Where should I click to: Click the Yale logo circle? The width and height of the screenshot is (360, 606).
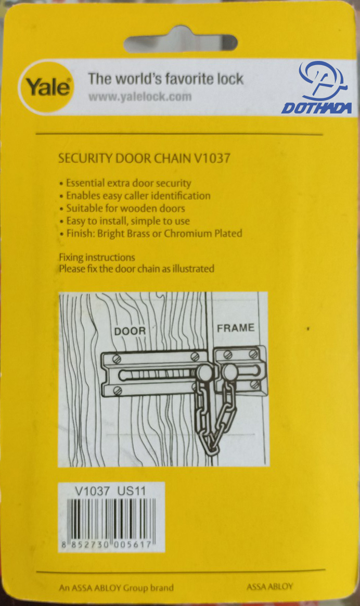(46, 87)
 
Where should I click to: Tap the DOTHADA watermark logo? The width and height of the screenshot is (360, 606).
(317, 88)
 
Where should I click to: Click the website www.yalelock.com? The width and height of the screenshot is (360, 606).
(140, 97)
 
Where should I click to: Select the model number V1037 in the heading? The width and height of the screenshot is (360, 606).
(212, 158)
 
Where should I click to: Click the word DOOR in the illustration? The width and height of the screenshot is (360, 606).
(130, 331)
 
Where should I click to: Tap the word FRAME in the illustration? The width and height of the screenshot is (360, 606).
(236, 328)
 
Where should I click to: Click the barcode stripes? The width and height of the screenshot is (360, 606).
(111, 520)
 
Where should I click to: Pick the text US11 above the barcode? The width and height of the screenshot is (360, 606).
(132, 491)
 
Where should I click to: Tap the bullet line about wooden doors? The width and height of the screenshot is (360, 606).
(122, 208)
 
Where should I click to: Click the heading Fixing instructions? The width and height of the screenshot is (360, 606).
(97, 257)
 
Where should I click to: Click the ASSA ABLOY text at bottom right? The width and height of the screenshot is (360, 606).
(269, 587)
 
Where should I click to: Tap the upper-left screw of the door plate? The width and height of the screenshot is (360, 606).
(116, 359)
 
